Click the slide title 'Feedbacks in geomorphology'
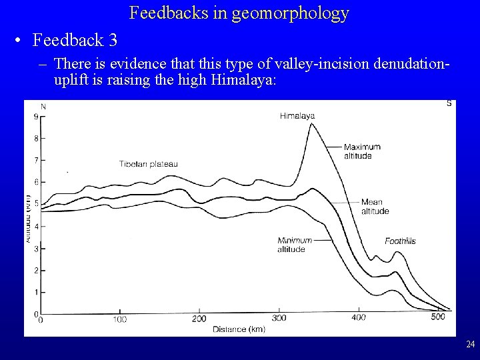[239, 13]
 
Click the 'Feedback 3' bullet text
[74, 40]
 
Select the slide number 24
[470, 345]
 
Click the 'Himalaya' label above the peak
[297, 115]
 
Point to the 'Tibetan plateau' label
[149, 163]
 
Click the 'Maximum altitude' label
[362, 151]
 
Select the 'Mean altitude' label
[374, 206]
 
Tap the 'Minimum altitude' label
[291, 245]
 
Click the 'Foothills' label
[400, 241]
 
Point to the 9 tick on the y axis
[35, 117]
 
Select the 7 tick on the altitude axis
[35, 161]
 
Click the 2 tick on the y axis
[35, 270]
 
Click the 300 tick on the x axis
[279, 318]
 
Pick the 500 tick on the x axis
[437, 317]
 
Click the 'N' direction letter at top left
[43, 106]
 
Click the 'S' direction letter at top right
[449, 103]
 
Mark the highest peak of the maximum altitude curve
[309, 124]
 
